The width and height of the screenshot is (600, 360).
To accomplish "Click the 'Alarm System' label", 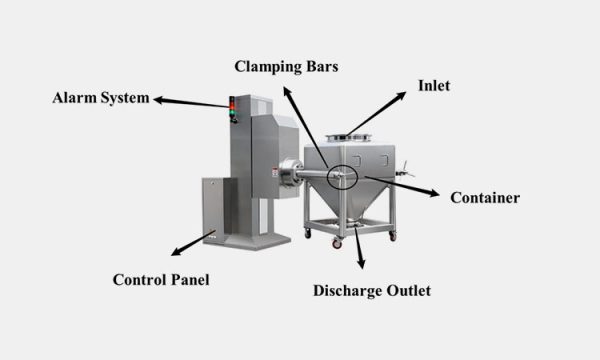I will coord(100,98).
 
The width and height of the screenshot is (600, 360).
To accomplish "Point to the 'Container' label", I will coord(483,198).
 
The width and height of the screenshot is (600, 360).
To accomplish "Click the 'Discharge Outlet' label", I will coord(371,291).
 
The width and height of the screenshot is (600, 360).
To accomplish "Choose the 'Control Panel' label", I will coord(161,279).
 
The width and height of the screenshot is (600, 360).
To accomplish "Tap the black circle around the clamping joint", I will coord(340,175).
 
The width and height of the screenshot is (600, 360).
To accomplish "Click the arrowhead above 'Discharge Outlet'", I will coord(361,267).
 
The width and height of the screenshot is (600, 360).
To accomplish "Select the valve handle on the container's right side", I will coord(405,176).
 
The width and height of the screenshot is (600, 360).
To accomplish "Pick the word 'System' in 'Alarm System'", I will coord(124,98).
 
